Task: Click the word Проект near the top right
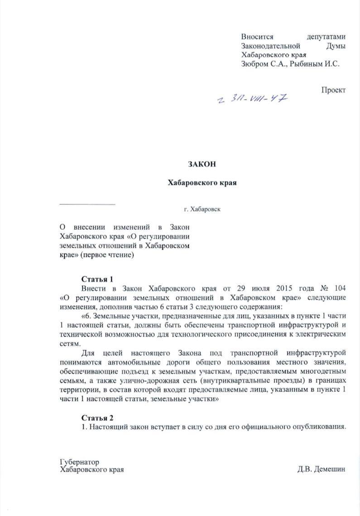click(x=333, y=90)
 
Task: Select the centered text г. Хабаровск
click(x=202, y=209)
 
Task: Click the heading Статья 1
click(x=96, y=279)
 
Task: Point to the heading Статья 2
click(x=97, y=417)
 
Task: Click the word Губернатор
click(x=79, y=462)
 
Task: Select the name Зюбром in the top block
click(x=255, y=64)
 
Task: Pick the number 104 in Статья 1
click(x=340, y=288)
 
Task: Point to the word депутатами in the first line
click(x=326, y=37)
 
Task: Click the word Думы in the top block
click(x=336, y=46)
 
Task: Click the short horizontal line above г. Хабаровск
click(x=87, y=204)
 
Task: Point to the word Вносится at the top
click(x=257, y=37)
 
